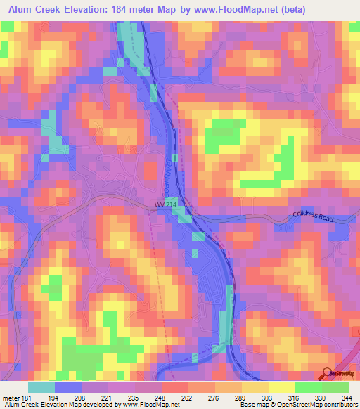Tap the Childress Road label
[318, 218]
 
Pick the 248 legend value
[162, 397]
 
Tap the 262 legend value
[188, 397]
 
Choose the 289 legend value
[242, 397]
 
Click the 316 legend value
[295, 397]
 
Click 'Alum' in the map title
[25, 9]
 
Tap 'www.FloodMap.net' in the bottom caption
[150, 405]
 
